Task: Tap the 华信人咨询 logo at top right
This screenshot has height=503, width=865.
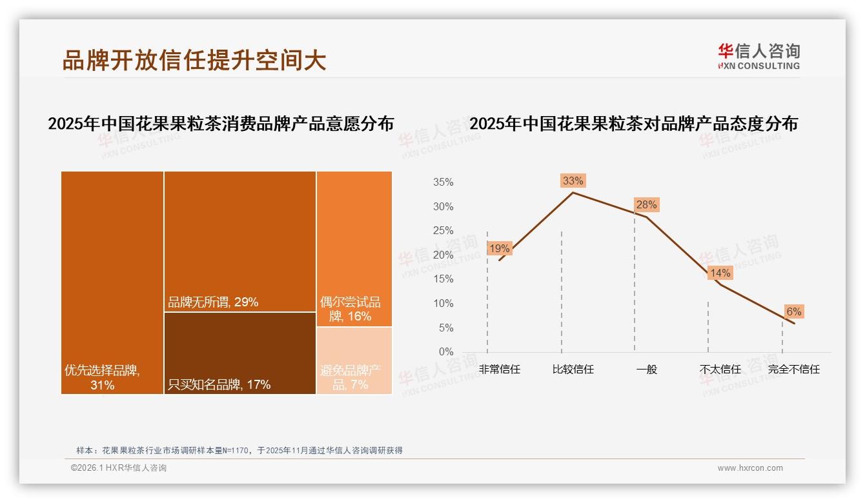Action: pos(758,57)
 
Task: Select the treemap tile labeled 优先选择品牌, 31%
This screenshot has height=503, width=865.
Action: pos(112,282)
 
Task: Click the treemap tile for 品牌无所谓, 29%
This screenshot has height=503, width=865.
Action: pos(239,241)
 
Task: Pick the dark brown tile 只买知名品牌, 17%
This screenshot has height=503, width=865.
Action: pos(239,353)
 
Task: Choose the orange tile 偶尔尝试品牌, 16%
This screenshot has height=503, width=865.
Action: pos(354,248)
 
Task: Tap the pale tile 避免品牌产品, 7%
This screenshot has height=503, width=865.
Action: pos(354,360)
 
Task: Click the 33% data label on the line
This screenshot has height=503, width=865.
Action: pos(573,181)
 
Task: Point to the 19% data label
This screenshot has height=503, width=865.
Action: pos(499,248)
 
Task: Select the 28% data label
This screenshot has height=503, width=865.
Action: pos(646,205)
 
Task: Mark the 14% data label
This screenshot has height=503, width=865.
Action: pos(720,273)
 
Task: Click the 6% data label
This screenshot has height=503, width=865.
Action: pos(793,311)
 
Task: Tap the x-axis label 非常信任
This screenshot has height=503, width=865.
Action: pos(499,370)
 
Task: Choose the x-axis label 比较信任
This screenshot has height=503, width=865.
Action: pos(573,370)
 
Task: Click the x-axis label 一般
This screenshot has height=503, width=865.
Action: pos(646,370)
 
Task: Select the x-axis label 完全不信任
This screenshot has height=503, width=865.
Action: pos(793,370)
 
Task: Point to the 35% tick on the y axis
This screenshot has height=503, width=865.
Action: pos(443,182)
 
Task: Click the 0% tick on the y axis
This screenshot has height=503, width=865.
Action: pos(446,352)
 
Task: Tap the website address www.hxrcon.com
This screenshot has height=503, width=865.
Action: pos(750,468)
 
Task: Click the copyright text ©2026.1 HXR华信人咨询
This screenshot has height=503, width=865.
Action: pos(119,468)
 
